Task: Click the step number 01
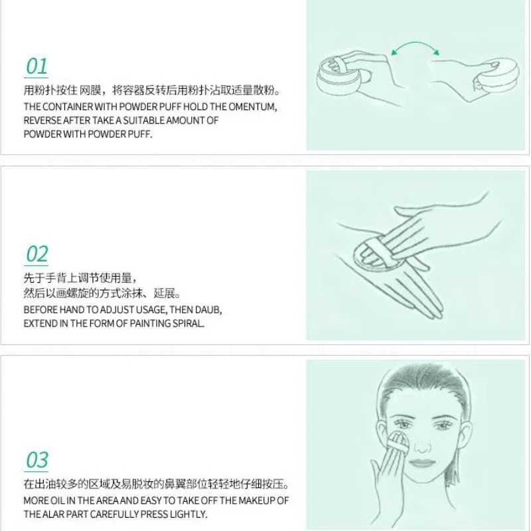[37, 66]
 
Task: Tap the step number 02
[37, 254]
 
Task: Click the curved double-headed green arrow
[416, 50]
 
